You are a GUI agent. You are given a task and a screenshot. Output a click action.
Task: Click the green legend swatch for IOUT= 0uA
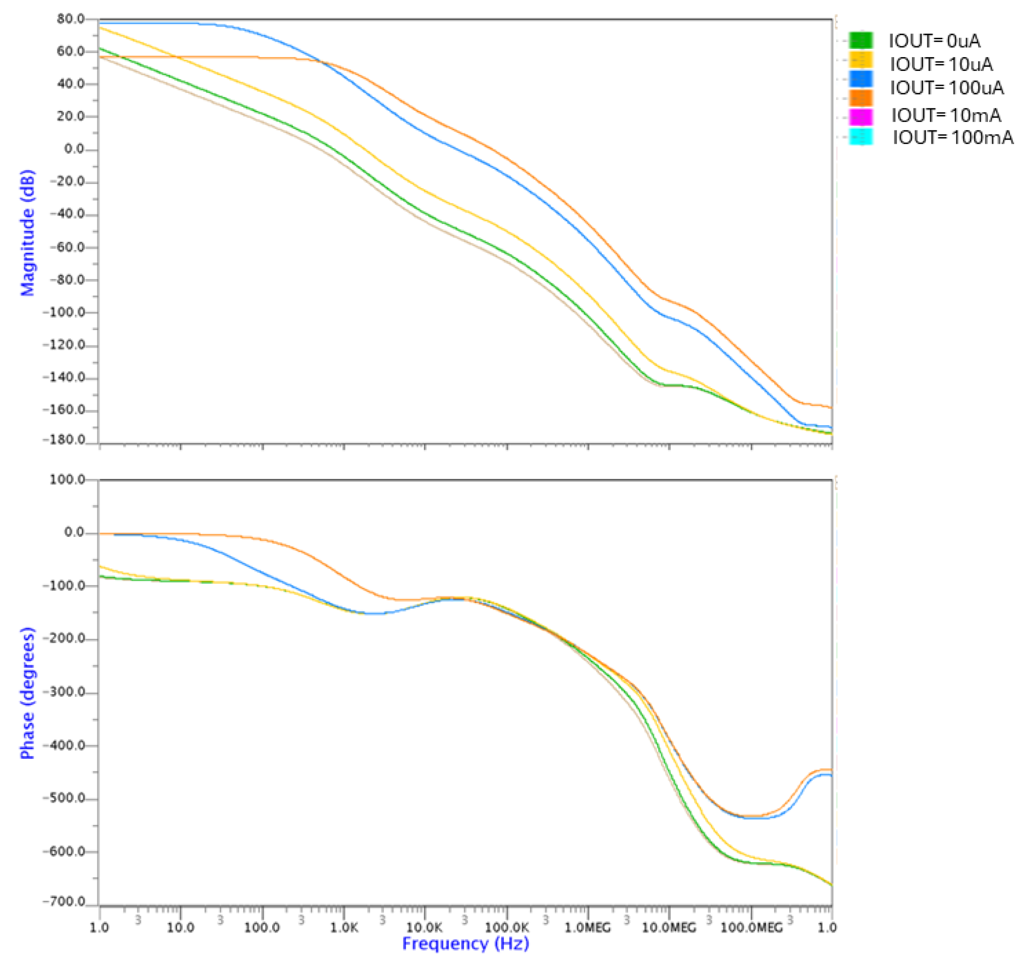click(x=861, y=40)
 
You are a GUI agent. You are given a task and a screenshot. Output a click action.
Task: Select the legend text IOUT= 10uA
click(x=941, y=65)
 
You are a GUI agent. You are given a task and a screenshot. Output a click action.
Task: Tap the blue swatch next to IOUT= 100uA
click(x=861, y=79)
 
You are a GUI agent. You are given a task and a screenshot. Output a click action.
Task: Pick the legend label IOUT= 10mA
click(x=946, y=115)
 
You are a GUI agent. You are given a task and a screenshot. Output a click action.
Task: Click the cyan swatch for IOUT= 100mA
click(x=861, y=137)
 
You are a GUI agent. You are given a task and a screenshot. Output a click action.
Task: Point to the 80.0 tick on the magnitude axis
click(x=71, y=19)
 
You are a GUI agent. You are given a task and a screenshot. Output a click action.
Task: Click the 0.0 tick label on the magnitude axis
click(x=74, y=149)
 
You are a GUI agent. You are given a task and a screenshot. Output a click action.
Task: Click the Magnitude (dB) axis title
click(x=27, y=233)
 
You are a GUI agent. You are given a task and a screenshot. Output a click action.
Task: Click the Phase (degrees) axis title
click(x=27, y=693)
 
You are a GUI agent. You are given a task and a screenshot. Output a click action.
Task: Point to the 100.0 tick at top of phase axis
click(x=67, y=479)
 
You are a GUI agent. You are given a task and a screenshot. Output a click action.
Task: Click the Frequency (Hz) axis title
click(x=466, y=943)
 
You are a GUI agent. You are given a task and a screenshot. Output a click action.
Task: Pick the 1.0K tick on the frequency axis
click(x=344, y=927)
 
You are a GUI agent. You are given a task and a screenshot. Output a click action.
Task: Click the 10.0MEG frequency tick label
click(x=669, y=927)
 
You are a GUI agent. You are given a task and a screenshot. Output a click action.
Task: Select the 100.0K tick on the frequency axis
click(x=507, y=927)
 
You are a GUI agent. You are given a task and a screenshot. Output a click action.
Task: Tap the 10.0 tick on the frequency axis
click(x=180, y=927)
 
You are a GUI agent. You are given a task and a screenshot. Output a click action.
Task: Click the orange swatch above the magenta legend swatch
click(x=861, y=98)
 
